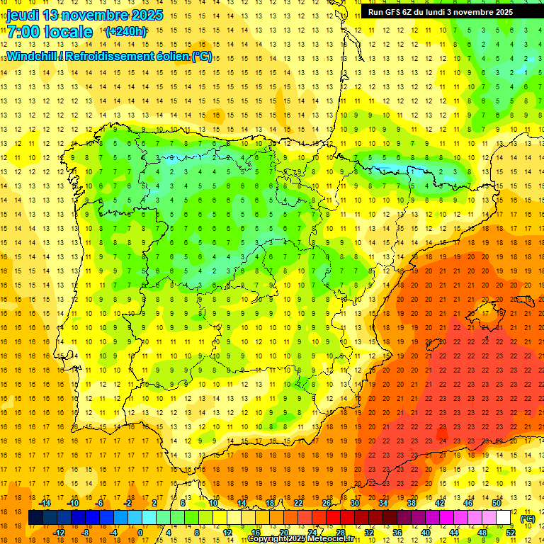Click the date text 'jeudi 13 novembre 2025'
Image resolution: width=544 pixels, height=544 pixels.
(85, 15)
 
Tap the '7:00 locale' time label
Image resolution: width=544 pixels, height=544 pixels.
(50, 32)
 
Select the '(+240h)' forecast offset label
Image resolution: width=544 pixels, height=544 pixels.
(126, 32)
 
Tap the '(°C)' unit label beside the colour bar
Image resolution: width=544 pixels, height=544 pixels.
(527, 518)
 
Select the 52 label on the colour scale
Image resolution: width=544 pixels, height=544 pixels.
(511, 533)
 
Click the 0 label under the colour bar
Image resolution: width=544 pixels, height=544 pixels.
(140, 533)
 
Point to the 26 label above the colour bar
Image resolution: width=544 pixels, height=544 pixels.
(327, 503)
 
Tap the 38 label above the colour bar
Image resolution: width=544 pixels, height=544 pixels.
(412, 503)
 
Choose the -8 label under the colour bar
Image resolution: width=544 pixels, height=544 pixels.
(85, 533)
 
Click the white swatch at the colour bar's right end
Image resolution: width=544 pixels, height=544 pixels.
(504, 518)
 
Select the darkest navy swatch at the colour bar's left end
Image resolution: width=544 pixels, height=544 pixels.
(35, 518)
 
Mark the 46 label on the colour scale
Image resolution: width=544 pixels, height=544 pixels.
(468, 503)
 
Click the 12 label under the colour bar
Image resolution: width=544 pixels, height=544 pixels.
(227, 533)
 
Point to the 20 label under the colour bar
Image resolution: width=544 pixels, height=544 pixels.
(284, 533)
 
